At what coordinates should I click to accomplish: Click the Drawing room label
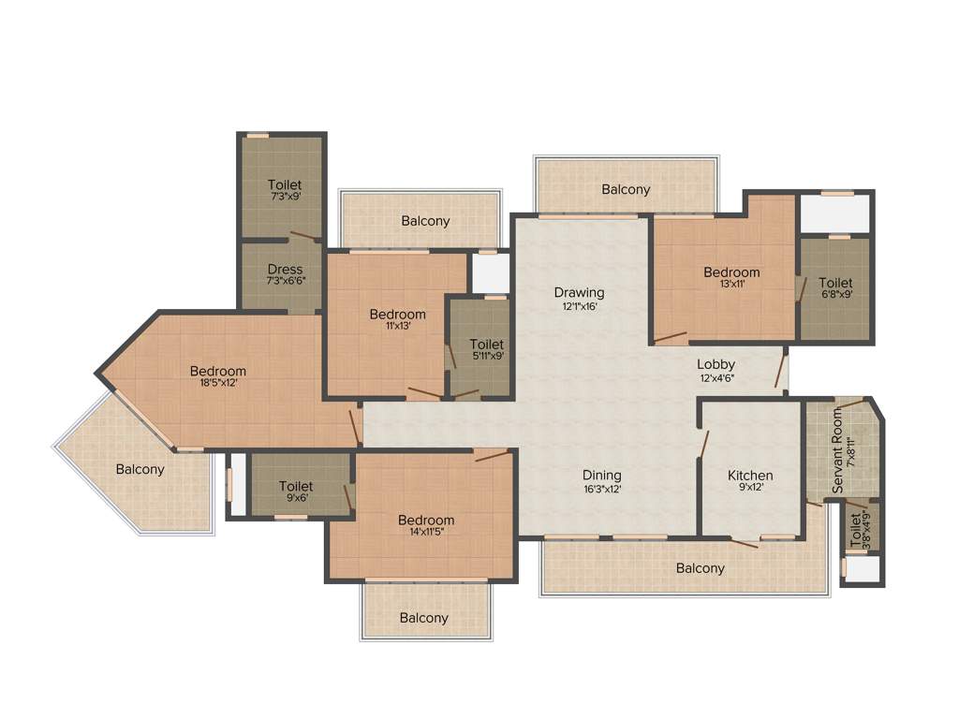pos(579,292)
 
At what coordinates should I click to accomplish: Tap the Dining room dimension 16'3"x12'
pos(601,489)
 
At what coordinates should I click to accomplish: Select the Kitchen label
pos(750,476)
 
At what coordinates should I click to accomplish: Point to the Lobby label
pos(716,364)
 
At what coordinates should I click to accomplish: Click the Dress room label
pos(285,270)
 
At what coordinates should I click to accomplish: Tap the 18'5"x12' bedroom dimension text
pos(217,383)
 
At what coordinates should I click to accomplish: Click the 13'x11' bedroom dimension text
pos(731,285)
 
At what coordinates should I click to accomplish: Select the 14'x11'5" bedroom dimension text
pos(426,533)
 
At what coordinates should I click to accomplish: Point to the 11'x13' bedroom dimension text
pos(397,327)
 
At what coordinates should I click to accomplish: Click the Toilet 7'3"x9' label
pos(285,184)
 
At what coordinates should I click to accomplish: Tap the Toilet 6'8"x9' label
pos(835,283)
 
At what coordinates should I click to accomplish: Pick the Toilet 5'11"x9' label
pos(487,345)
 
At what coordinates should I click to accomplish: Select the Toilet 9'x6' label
pos(296,486)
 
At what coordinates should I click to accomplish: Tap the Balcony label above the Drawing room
pos(626,189)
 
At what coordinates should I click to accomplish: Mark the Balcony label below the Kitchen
pos(700,568)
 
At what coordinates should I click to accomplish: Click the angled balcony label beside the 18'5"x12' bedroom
pos(140,469)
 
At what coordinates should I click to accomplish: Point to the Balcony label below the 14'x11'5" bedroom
pos(423,618)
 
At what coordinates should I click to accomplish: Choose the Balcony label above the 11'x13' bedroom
pos(425,221)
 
